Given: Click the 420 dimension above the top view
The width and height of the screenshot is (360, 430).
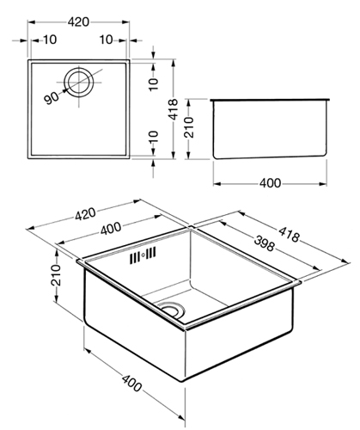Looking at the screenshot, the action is (x=78, y=21).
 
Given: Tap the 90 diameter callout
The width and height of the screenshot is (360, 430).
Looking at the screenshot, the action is (x=52, y=98).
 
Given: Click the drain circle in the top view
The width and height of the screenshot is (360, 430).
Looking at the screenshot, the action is (x=79, y=82).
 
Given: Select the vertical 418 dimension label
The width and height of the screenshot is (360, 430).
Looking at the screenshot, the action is (x=173, y=109).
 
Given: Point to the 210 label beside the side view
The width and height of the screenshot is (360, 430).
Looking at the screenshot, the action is (x=189, y=127).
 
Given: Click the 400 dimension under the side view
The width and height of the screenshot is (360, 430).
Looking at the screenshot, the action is (x=270, y=183).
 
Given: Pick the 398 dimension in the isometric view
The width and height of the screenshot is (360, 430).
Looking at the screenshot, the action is (x=264, y=243).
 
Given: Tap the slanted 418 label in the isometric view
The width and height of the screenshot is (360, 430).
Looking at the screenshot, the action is (x=289, y=234).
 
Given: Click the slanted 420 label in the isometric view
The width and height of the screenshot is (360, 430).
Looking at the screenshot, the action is (x=85, y=214).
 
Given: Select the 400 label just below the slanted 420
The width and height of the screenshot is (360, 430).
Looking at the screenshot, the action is (x=111, y=229).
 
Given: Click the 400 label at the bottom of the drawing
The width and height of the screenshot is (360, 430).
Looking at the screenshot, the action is (x=131, y=384).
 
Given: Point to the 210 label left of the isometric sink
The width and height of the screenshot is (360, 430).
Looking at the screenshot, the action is (x=56, y=275).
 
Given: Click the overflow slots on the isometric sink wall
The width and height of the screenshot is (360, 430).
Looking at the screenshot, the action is (x=143, y=255).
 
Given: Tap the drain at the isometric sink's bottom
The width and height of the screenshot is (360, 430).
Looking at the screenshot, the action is (x=172, y=310).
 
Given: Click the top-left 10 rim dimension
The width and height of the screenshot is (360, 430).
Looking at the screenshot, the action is (x=50, y=40).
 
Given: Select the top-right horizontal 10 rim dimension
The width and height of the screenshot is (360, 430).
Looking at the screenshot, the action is (x=107, y=40).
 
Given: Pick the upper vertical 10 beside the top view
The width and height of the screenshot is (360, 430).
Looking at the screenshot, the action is (x=154, y=84).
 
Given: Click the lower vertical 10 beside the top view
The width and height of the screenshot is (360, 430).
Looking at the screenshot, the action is (x=154, y=137).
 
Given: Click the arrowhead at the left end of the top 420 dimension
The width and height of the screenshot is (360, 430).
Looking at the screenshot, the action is (x=31, y=22).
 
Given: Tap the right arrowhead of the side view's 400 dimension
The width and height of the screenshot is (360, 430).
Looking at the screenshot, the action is (x=323, y=183).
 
